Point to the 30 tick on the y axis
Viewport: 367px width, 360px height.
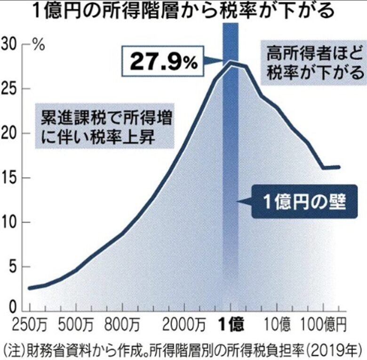coord(10,44)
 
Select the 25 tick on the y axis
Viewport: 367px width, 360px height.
coord(10,89)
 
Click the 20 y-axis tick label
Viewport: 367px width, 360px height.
coord(10,133)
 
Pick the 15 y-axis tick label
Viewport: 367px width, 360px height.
coord(10,178)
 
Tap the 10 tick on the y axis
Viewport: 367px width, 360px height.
coord(10,222)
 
